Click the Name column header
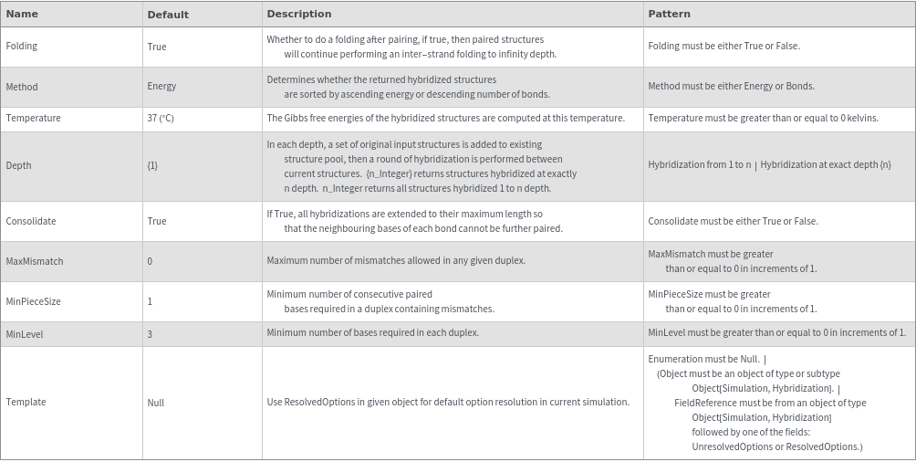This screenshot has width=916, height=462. click(x=22, y=14)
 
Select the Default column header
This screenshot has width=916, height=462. click(x=168, y=15)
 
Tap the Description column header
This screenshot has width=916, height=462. click(x=298, y=14)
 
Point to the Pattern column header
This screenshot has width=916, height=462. click(x=669, y=14)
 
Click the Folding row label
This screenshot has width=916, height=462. click(x=22, y=46)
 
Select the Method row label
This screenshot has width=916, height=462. click(x=22, y=86)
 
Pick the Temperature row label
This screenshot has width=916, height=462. click(x=34, y=118)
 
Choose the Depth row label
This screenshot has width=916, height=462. click(x=18, y=165)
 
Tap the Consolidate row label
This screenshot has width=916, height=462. click(x=31, y=221)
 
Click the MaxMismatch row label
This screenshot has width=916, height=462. click(x=35, y=261)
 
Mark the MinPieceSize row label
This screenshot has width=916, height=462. click(x=34, y=301)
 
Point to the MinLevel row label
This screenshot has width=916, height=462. click(x=25, y=334)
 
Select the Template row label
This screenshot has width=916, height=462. click(x=26, y=402)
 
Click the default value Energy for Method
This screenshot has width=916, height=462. click(x=161, y=86)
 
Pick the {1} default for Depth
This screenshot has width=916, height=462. click(x=152, y=165)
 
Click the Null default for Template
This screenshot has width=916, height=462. click(x=156, y=402)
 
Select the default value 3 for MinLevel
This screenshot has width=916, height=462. click(x=150, y=334)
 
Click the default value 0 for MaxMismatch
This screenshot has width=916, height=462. click(x=150, y=261)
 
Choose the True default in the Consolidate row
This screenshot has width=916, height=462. click(x=157, y=221)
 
